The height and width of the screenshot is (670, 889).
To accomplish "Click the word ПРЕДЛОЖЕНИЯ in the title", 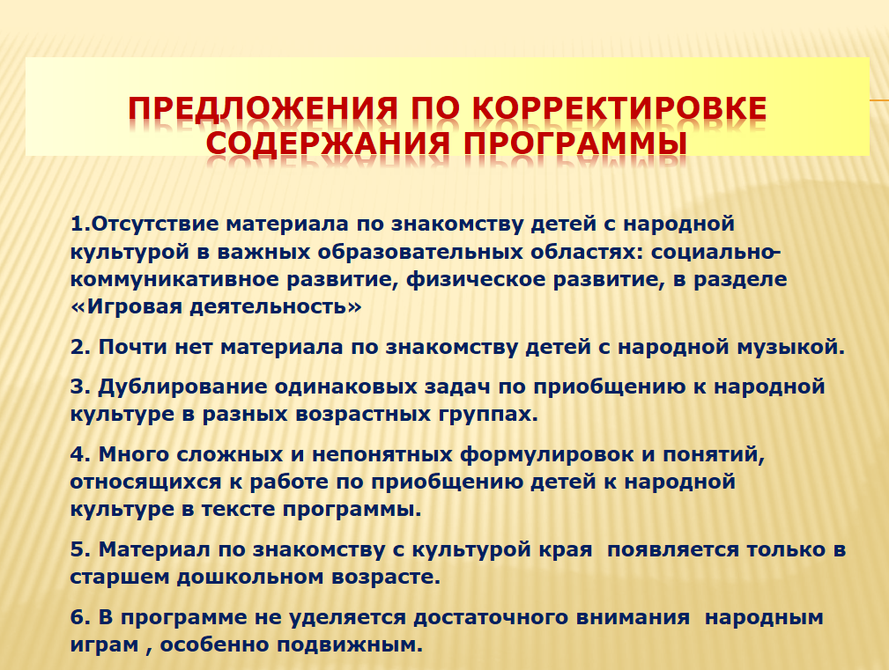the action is pyautogui.click(x=263, y=108).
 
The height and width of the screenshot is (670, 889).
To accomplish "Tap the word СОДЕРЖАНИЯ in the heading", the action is pyautogui.click(x=328, y=143).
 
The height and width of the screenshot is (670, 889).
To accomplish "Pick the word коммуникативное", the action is pyautogui.click(x=174, y=280).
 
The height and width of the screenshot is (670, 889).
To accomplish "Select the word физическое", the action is pyautogui.click(x=477, y=280).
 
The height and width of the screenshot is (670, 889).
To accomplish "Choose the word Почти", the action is pyautogui.click(x=133, y=347).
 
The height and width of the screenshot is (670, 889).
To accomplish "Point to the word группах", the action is pyautogui.click(x=488, y=415).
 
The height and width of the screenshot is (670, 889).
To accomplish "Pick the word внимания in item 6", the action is pyautogui.click(x=633, y=617).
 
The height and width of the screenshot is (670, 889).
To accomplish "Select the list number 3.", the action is pyautogui.click(x=80, y=387).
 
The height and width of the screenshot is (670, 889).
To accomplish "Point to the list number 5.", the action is pyautogui.click(x=80, y=550).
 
